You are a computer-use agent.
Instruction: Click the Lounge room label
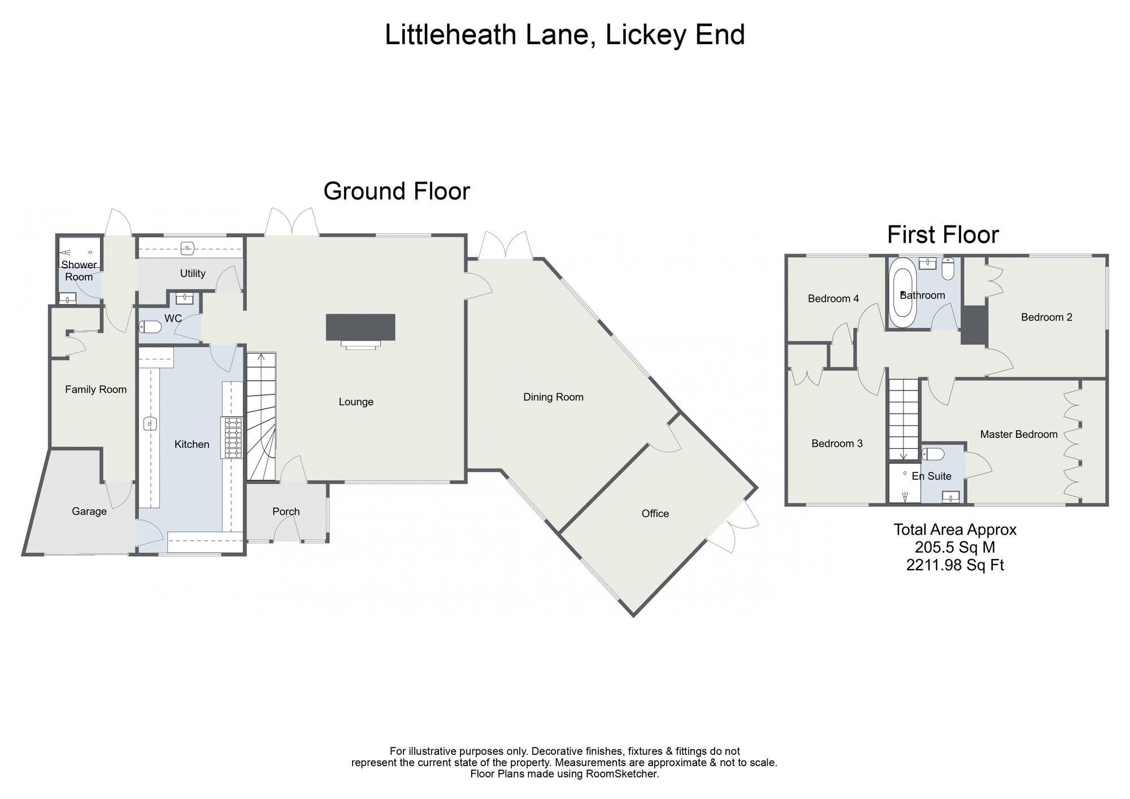tap(356, 402)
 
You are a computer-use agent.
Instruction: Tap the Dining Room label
tap(553, 397)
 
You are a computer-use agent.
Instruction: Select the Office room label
tap(655, 514)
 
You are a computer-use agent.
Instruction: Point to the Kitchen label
tap(192, 445)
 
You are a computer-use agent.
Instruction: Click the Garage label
tap(89, 511)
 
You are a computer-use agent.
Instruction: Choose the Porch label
tap(286, 511)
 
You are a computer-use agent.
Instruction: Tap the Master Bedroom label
tap(1019, 435)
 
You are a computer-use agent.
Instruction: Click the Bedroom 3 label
tap(837, 444)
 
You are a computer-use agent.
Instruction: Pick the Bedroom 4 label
tap(833, 299)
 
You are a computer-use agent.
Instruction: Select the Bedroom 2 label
tap(1046, 318)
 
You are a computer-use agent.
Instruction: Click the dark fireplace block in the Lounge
tap(360, 327)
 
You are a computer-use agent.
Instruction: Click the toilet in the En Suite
tap(933, 454)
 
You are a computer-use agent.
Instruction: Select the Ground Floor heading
tap(397, 191)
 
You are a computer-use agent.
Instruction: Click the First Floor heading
tap(943, 235)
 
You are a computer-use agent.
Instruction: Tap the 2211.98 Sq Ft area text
tap(955, 565)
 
